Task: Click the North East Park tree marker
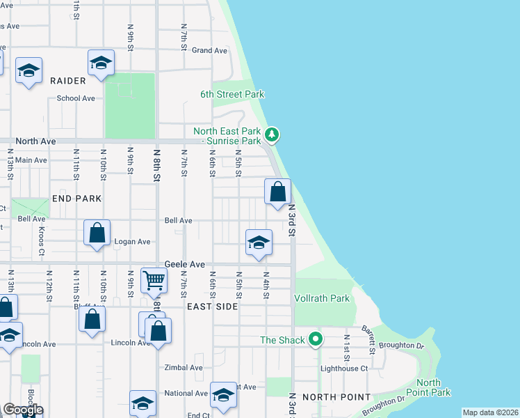[x=273, y=134]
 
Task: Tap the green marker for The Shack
[x=316, y=340]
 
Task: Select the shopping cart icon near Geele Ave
[x=154, y=280]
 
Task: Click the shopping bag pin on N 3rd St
[x=277, y=192]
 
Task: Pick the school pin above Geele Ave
[x=258, y=243]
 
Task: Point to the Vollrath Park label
[x=321, y=298]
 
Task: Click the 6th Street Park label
[x=232, y=95]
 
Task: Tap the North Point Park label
[x=433, y=387]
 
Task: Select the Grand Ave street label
[x=209, y=50]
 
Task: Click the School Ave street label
[x=76, y=98]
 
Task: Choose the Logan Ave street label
[x=131, y=242]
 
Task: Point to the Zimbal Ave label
[x=184, y=368]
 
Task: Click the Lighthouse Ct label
[x=343, y=369]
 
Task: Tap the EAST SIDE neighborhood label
[x=212, y=307]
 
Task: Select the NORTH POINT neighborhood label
[x=336, y=397]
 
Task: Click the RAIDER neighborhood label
[x=68, y=81]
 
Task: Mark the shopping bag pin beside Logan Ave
[x=97, y=233]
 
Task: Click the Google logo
[x=23, y=410]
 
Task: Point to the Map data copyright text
[x=490, y=412]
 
